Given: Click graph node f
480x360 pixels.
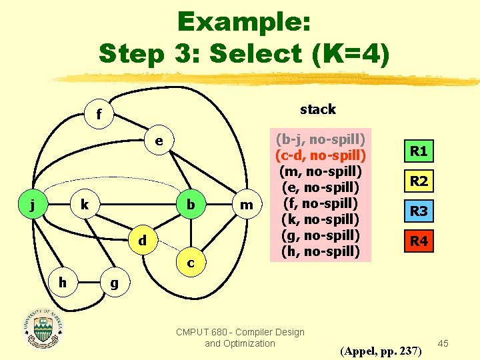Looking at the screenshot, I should click(99, 115).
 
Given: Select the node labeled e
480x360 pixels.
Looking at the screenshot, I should click(159, 141).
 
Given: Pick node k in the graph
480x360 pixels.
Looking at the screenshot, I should click(85, 204).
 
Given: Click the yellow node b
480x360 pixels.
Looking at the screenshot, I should click(191, 204).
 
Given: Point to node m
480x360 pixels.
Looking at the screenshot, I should click(247, 204).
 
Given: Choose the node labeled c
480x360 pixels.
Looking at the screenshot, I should click(191, 263).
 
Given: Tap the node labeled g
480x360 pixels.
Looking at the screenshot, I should click(115, 283).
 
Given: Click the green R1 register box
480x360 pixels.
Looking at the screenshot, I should click(419, 151).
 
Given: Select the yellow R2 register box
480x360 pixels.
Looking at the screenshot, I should click(419, 181).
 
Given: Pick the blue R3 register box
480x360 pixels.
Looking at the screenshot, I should click(419, 211).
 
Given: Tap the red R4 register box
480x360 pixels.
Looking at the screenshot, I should click(419, 241).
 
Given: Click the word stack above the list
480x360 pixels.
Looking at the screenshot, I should click(318, 109).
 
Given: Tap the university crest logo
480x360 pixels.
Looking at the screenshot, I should click(44, 328).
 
